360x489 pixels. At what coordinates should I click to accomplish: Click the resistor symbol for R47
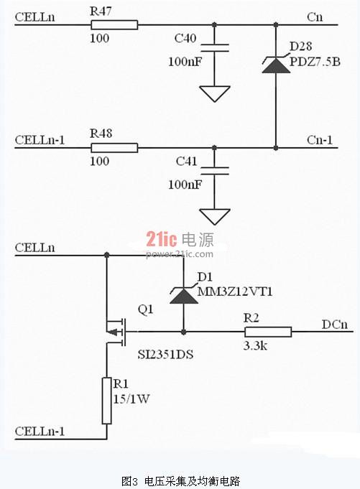click(x=114, y=25)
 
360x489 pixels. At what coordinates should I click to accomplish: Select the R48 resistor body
click(x=114, y=148)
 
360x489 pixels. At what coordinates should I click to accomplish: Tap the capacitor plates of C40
click(x=215, y=47)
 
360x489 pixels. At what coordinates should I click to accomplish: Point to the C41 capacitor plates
click(x=215, y=171)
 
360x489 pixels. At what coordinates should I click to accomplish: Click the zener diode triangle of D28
click(x=276, y=65)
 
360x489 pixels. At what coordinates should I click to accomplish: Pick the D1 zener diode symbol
click(x=184, y=295)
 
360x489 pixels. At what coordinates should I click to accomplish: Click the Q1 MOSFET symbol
click(x=116, y=332)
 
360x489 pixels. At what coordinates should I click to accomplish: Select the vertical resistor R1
click(x=106, y=401)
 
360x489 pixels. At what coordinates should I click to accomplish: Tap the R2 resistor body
click(x=268, y=332)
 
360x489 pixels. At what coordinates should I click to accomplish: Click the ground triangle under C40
click(x=215, y=93)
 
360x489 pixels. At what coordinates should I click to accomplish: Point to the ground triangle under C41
click(x=215, y=216)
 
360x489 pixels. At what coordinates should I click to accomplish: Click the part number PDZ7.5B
click(x=315, y=62)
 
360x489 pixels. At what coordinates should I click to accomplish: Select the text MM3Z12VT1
click(x=235, y=292)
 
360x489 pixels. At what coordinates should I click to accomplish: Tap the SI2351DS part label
click(x=165, y=355)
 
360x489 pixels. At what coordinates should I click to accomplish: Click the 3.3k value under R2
click(x=255, y=345)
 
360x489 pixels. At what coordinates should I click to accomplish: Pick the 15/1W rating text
click(x=131, y=399)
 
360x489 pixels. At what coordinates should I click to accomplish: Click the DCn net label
click(x=335, y=325)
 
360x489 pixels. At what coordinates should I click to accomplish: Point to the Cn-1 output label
click(x=320, y=140)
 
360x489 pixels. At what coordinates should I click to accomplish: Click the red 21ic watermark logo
click(x=162, y=240)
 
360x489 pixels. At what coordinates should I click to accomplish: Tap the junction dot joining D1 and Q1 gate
click(x=184, y=332)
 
